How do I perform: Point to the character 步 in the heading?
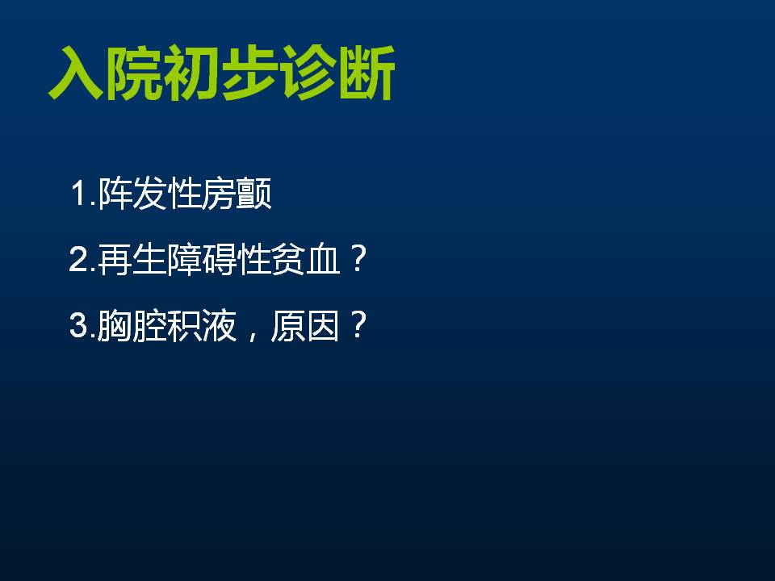click(250, 73)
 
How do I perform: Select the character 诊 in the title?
click(308, 73)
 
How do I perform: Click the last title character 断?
click(367, 73)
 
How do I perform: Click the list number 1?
click(79, 193)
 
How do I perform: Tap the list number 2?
click(79, 259)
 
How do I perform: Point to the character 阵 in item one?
click(115, 193)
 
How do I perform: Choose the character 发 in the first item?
click(149, 193)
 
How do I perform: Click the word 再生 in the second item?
click(132, 259)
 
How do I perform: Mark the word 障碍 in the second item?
click(202, 259)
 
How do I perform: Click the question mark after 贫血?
click(357, 259)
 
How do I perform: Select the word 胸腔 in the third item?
click(132, 325)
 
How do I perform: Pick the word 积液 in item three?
click(202, 325)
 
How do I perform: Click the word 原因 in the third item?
click(305, 325)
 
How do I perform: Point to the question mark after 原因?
click(357, 324)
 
